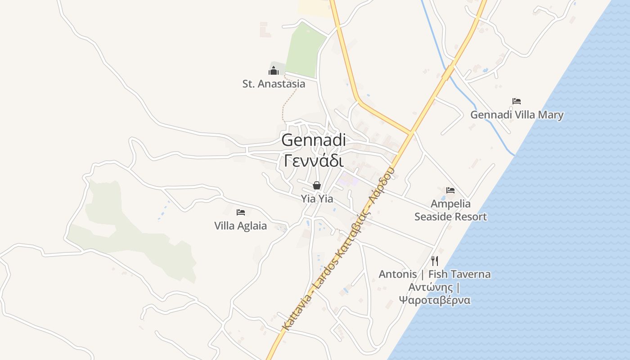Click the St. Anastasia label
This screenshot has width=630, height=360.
click(x=274, y=84)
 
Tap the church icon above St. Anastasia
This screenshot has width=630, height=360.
click(x=274, y=71)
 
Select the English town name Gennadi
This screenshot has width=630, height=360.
click(x=314, y=140)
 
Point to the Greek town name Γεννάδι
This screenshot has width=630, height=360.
click(x=314, y=160)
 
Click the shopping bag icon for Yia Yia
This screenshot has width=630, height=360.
click(x=317, y=185)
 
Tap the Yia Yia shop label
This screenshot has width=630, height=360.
click(x=317, y=198)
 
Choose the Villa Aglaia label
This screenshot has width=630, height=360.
click(x=240, y=226)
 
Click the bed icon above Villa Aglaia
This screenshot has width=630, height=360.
click(x=241, y=212)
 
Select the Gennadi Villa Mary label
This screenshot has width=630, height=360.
click(x=517, y=115)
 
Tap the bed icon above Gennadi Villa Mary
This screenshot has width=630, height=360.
click(x=517, y=101)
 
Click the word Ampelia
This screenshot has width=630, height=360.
click(x=450, y=204)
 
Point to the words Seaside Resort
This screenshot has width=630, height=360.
click(x=450, y=217)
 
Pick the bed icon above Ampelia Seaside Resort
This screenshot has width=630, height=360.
click(x=450, y=190)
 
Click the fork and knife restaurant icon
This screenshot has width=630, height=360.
click(x=435, y=261)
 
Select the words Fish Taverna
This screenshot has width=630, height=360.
click(x=459, y=274)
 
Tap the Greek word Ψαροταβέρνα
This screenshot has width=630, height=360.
click(x=435, y=300)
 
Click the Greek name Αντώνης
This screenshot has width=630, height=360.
click(x=430, y=287)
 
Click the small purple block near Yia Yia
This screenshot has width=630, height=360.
click(x=349, y=181)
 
